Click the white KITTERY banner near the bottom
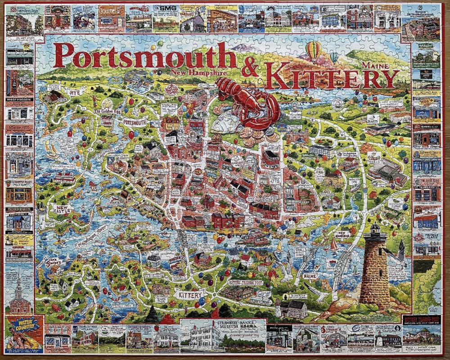pyautogui.click(x=190, y=295)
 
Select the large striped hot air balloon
pyautogui.click(x=314, y=50)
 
